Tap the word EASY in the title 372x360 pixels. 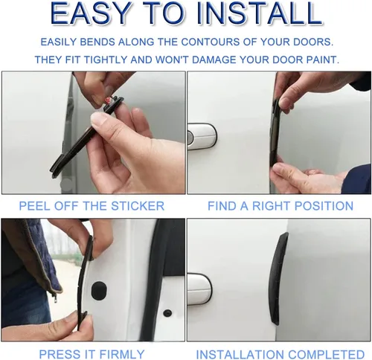(90, 13)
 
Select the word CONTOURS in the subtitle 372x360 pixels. (210, 42)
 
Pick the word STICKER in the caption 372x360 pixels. (138, 206)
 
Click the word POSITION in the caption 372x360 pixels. (324, 206)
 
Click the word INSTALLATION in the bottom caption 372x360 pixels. (240, 354)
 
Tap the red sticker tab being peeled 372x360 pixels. (109, 100)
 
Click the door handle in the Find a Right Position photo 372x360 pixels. (202, 136)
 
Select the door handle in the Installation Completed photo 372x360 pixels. (199, 289)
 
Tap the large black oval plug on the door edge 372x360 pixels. (99, 290)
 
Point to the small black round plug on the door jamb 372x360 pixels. (168, 313)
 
